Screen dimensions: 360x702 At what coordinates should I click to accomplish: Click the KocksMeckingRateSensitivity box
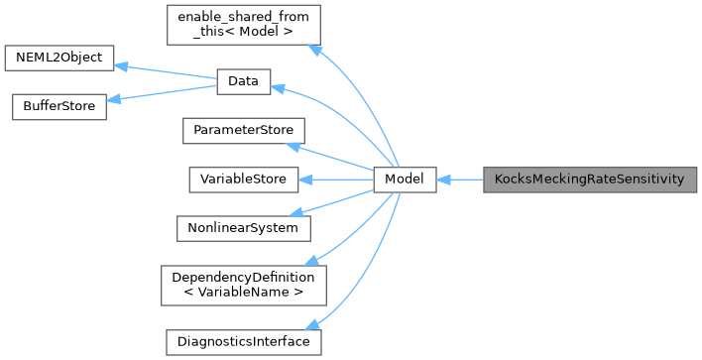coord(591,180)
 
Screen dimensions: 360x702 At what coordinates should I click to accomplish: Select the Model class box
coord(405,180)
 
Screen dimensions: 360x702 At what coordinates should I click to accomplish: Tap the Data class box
coord(243,83)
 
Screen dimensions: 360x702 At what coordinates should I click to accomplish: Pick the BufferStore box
coord(58,106)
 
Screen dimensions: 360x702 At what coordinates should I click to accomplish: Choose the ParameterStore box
coord(243,131)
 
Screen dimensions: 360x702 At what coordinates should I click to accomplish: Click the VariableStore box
coord(243,180)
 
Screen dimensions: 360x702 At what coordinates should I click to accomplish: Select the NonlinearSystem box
coord(243,227)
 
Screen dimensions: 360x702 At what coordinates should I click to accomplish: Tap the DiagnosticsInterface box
coord(243,341)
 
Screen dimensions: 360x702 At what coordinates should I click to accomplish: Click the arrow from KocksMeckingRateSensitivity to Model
coord(459,180)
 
